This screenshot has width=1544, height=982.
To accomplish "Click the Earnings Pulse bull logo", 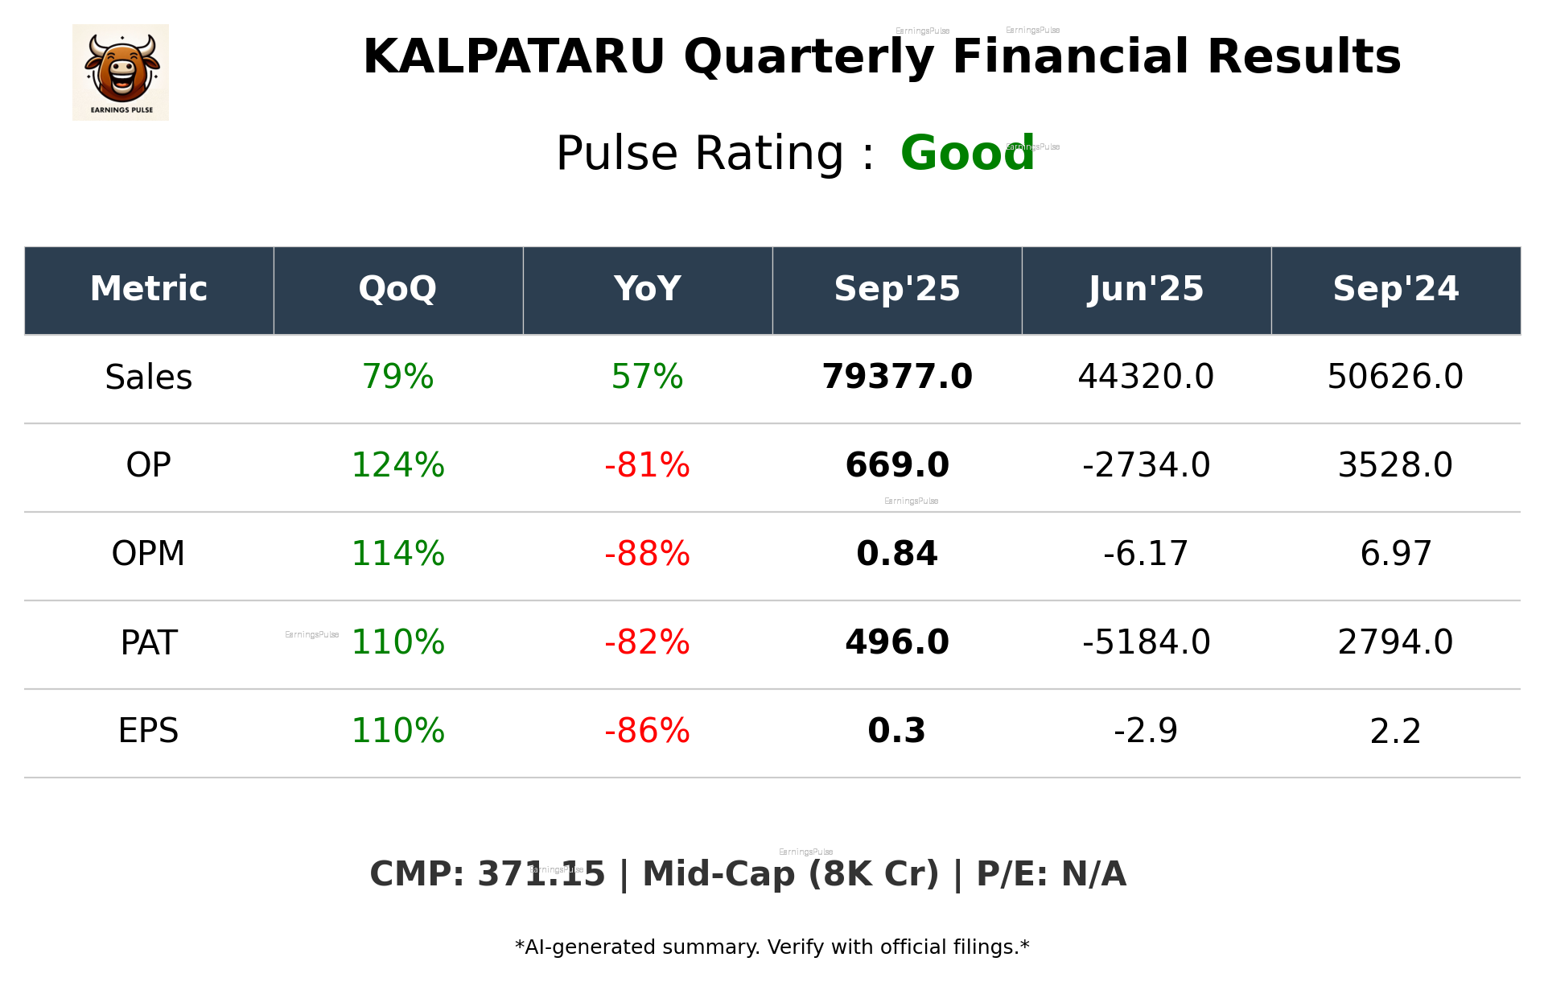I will [121, 72].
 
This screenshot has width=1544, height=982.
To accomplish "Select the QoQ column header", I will [397, 289].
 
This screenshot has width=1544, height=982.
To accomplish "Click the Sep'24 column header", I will [1395, 289].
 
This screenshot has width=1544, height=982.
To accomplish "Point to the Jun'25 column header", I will [1146, 289].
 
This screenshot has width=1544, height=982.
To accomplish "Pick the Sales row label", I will [149, 377].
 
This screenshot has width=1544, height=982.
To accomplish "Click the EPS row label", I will [149, 731].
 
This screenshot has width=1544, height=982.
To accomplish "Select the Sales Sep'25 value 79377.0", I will [897, 377].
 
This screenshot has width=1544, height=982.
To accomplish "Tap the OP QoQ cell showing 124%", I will [397, 465].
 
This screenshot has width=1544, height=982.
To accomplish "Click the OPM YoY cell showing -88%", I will [647, 554].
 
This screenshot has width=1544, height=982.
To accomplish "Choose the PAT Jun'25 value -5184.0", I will [1146, 642].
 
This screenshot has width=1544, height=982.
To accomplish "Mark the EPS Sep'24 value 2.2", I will [1395, 731].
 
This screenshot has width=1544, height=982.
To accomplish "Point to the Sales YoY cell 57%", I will [647, 377].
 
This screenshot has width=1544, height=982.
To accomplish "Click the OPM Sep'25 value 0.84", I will [897, 554].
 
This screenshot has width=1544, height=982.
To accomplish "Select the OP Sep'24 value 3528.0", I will [1395, 465].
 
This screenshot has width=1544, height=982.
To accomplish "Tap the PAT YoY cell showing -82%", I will [647, 642].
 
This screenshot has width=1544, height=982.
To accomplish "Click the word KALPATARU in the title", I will [514, 57].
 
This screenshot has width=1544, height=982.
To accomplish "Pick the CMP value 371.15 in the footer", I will [541, 874].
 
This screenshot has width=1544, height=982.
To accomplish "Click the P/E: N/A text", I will [1051, 874].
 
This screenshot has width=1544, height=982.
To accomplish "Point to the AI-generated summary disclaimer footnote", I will [772, 947].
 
